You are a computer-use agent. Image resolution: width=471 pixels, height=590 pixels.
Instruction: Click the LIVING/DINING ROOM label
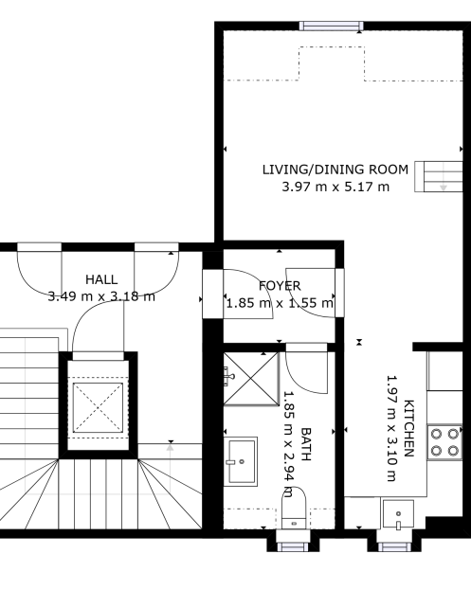point(335,170)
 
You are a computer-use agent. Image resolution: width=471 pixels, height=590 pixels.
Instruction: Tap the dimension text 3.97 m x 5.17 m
point(335,187)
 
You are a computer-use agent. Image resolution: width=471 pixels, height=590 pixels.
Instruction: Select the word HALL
point(101,279)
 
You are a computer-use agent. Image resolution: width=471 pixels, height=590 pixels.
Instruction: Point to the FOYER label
point(280,286)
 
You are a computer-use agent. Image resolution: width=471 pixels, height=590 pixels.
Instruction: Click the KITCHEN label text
point(408,428)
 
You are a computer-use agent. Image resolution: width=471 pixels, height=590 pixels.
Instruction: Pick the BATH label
point(306,444)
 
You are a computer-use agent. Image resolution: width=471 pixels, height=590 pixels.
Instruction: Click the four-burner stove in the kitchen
point(444,442)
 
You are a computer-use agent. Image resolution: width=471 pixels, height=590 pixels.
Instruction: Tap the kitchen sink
point(398,514)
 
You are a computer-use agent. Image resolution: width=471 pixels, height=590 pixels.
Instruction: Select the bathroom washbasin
point(241,461)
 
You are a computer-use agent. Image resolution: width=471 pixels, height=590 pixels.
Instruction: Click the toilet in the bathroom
point(294,508)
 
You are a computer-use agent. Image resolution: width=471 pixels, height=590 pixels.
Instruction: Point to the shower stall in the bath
point(251,379)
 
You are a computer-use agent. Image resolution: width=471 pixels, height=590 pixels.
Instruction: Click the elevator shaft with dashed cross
point(98,407)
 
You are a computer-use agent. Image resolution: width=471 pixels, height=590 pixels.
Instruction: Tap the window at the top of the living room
point(332,26)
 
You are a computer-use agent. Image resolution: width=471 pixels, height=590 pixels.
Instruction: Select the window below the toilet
point(293,546)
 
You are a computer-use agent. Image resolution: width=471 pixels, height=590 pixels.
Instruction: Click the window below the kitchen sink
point(394,546)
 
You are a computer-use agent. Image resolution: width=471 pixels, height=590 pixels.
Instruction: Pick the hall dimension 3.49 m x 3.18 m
point(101,296)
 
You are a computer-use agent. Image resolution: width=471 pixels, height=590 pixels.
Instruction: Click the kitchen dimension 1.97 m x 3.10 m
point(392,428)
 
